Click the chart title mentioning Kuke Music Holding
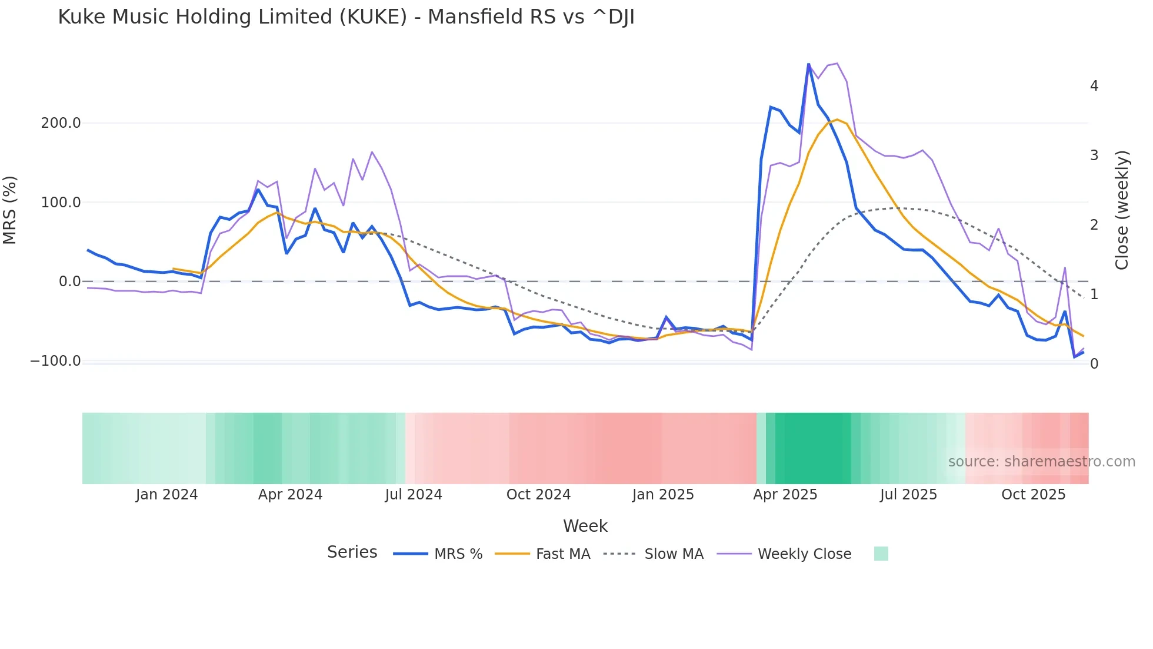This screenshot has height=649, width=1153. click(x=346, y=17)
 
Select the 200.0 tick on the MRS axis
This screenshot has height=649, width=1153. click(x=61, y=123)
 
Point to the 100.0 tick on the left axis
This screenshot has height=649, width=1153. click(x=61, y=203)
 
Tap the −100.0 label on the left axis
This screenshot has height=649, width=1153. click(x=55, y=361)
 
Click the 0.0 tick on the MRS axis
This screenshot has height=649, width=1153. click(x=69, y=282)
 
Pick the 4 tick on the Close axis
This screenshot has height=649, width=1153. click(x=1094, y=86)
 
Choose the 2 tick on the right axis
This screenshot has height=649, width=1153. click(x=1094, y=225)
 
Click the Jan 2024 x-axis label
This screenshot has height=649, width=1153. click(x=166, y=495)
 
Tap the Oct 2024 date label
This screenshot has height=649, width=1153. click(x=538, y=495)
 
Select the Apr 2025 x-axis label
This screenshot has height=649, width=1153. click(x=785, y=495)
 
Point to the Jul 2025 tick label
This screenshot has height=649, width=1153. click(x=908, y=495)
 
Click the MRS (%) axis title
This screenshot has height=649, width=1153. click(x=10, y=210)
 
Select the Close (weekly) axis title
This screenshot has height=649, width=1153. click(x=1122, y=210)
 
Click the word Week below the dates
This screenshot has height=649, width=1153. click(x=585, y=526)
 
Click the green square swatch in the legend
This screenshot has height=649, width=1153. click(x=881, y=554)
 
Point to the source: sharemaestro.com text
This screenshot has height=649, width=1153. click(x=1041, y=462)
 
